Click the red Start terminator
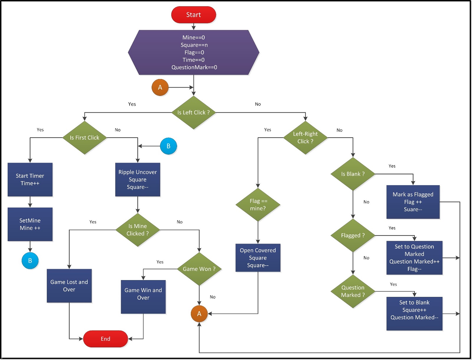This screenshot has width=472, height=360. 194,15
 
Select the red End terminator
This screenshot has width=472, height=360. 105,339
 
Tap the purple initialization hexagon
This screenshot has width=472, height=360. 194,52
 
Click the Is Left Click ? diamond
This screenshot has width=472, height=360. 194,112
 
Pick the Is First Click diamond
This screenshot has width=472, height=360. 84,138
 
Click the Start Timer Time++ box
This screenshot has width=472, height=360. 30,180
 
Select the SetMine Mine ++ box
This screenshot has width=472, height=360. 30,224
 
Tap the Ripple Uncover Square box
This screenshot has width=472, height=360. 137,180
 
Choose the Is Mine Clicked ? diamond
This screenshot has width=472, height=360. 137,230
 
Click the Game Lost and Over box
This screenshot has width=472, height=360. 69,286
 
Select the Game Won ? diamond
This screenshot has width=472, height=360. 199,269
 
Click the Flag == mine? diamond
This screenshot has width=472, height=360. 258,205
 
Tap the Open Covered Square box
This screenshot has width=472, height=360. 258,258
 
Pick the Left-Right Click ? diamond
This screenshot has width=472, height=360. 305,138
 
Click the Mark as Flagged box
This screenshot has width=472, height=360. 413,202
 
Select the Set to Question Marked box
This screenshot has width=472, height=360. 414,258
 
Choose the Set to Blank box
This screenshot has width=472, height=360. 414,313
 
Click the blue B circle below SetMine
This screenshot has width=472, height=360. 30,261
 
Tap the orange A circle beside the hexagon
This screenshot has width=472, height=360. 160,87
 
